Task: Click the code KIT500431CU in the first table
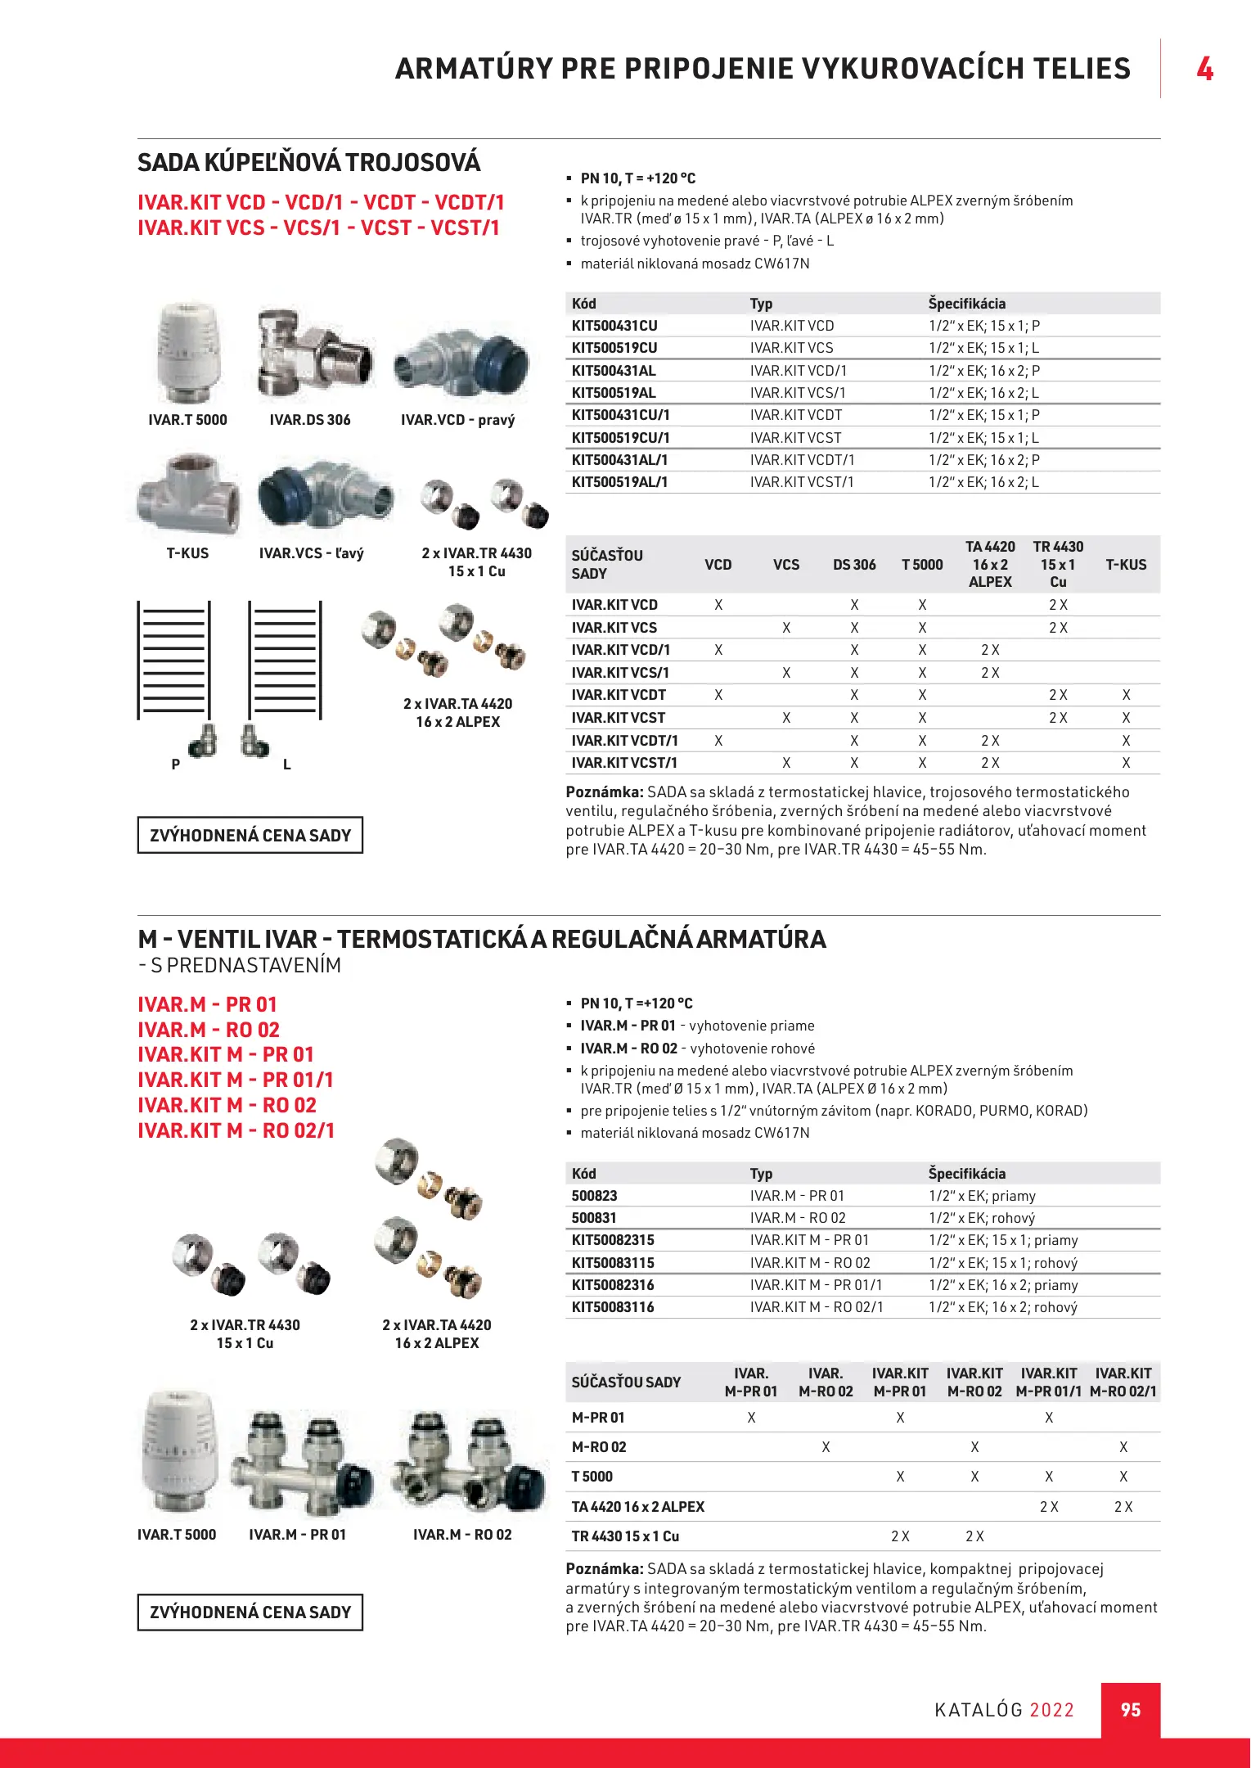tap(614, 326)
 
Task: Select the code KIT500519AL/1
tap(619, 482)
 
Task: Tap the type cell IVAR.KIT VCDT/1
tap(802, 460)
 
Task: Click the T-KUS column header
tap(1126, 565)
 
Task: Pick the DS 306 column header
tap(854, 565)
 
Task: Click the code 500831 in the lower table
tap(594, 1218)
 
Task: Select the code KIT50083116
tap(613, 1307)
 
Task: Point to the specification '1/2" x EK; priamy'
tap(982, 1196)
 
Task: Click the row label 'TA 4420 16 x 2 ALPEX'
tap(637, 1507)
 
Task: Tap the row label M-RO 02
tap(599, 1447)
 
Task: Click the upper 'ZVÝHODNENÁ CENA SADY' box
tap(250, 835)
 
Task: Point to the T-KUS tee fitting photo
tap(188, 494)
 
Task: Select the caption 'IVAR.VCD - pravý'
tap(457, 420)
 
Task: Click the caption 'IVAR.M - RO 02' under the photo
tap(462, 1535)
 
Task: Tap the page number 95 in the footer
tap(1130, 1710)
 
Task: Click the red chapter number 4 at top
tap(1204, 69)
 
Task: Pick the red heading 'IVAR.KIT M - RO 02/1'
tap(236, 1130)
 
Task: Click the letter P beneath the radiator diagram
tap(175, 764)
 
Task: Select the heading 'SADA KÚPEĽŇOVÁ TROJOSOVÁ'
tap(308, 163)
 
